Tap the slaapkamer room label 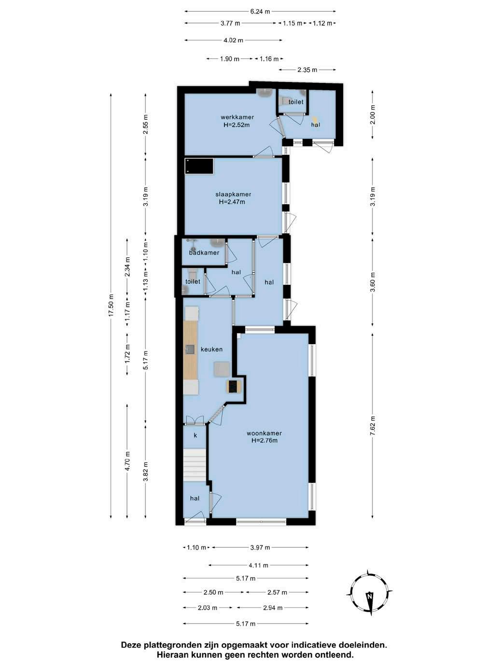(x=233, y=194)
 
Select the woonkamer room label (x=264, y=433)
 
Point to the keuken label (x=211, y=349)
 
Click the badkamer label (x=204, y=252)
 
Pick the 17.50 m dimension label (x=111, y=305)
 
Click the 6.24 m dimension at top (x=260, y=12)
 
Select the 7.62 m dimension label (x=373, y=425)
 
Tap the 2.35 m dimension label (x=307, y=70)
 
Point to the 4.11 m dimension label (x=259, y=566)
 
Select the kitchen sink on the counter (x=190, y=349)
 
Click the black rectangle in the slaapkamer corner (x=199, y=166)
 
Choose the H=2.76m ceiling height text (x=264, y=440)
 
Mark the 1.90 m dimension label (x=230, y=59)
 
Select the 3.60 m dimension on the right (x=373, y=282)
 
